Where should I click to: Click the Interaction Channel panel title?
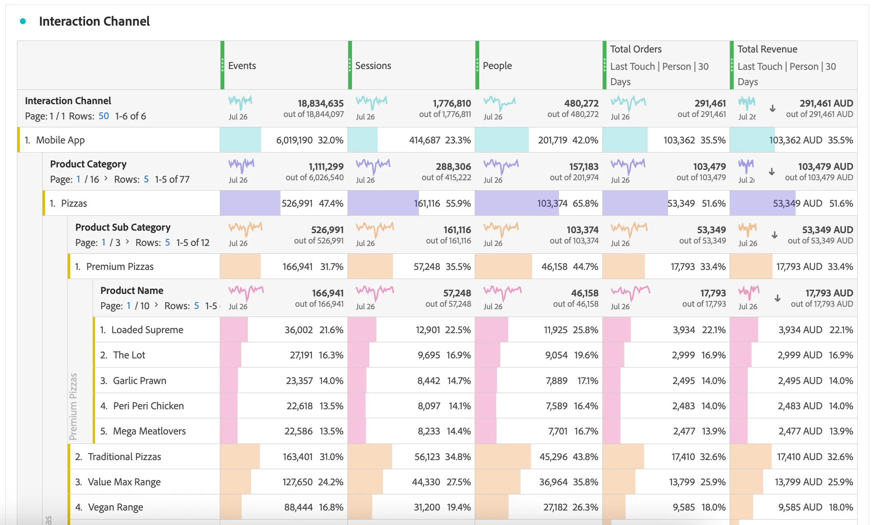click(x=94, y=21)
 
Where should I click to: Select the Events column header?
click(x=242, y=66)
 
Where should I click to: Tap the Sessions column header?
click(x=373, y=66)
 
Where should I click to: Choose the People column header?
click(x=497, y=66)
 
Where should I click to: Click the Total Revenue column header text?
click(x=767, y=49)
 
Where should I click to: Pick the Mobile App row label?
click(x=60, y=140)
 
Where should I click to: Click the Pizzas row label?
click(x=74, y=203)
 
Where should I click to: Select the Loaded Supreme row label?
click(x=147, y=330)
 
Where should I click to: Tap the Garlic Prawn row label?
click(x=140, y=381)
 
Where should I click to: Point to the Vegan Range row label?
click(x=115, y=507)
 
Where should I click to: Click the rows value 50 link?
click(x=104, y=116)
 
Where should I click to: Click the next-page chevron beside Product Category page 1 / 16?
click(x=106, y=178)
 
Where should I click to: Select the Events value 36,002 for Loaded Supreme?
click(x=298, y=330)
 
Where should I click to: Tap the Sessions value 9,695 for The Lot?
click(x=428, y=355)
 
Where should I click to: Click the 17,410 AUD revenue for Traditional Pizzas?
click(x=799, y=457)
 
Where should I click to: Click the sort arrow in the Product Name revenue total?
click(x=777, y=298)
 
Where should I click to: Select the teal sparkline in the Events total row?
click(x=240, y=101)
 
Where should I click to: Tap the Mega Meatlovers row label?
click(x=149, y=431)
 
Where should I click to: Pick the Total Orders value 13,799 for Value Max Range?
click(x=682, y=482)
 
